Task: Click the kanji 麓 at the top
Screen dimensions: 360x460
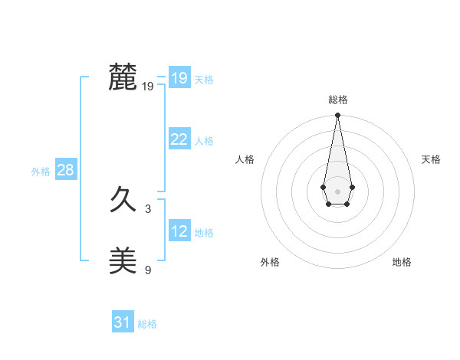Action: (x=123, y=77)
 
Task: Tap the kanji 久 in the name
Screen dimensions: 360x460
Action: (x=123, y=202)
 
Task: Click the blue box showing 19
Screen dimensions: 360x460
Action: (x=179, y=78)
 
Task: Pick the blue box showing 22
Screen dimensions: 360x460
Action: (x=179, y=139)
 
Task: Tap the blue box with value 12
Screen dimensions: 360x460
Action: (x=179, y=231)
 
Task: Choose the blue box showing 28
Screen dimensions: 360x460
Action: (x=65, y=170)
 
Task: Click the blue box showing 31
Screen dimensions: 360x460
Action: (x=122, y=322)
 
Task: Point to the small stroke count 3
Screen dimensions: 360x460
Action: (x=148, y=208)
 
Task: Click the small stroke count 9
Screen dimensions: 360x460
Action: (x=148, y=270)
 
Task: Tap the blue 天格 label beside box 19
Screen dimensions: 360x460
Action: (x=204, y=80)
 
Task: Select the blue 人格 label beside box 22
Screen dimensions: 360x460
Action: (x=204, y=141)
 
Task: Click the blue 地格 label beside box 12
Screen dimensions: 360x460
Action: (x=204, y=233)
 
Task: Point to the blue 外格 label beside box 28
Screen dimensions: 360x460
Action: (x=41, y=172)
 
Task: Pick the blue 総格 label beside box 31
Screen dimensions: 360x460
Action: (x=147, y=324)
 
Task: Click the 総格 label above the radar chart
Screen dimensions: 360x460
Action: (x=338, y=100)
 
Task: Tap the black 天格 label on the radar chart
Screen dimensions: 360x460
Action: (x=431, y=159)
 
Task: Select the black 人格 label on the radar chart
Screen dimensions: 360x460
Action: (x=245, y=159)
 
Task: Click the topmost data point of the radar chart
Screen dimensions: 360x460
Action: (x=337, y=116)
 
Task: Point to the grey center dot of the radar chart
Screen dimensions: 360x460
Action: (x=337, y=190)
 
